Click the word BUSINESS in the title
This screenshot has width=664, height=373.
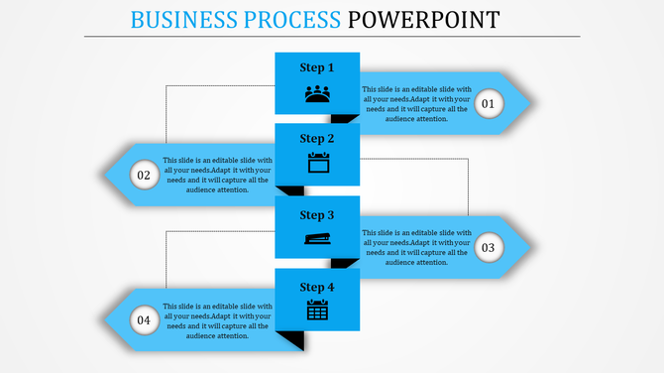pos(186,19)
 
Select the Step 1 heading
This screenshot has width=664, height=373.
pos(317,67)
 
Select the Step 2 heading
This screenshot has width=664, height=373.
pos(317,139)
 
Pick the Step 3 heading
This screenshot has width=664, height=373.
pos(317,215)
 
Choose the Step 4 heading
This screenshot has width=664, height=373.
pos(317,287)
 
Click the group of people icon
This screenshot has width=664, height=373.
pos(317,94)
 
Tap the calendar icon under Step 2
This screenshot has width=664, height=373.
pos(317,164)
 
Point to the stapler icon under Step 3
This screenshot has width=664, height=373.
pos(317,238)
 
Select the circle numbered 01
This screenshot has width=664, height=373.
pos(489,103)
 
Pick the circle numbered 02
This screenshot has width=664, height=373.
pos(145,176)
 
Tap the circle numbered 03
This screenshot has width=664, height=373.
pos(489,247)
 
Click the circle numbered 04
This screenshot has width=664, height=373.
pos(145,319)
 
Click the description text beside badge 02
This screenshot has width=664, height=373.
pos(216,176)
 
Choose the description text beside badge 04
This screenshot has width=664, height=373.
pos(216,319)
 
